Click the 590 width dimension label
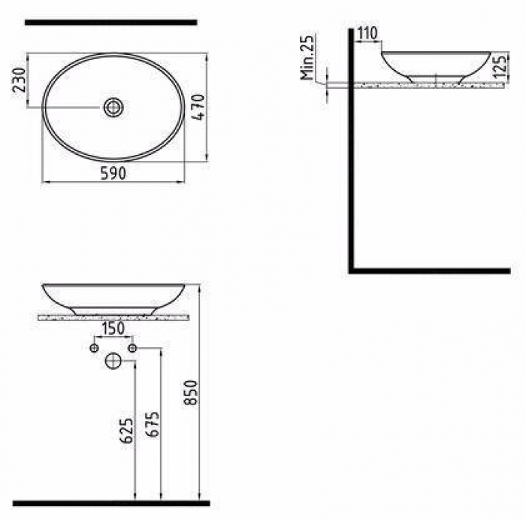(x=113, y=174)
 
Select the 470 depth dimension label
(x=198, y=107)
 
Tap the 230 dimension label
(x=19, y=80)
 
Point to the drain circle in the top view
(x=113, y=108)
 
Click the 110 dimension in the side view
(x=367, y=33)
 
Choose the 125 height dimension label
(x=500, y=67)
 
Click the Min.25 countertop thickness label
(x=308, y=56)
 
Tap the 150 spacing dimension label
(x=113, y=329)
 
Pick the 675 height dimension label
(x=153, y=424)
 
